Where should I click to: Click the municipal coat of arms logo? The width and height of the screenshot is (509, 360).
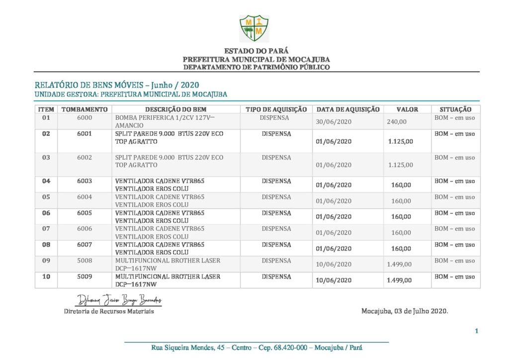(254, 28)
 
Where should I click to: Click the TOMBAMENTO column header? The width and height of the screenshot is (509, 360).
(84, 109)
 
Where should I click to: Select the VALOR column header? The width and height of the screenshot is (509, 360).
(407, 109)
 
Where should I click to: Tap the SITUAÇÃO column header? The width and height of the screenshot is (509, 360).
(455, 109)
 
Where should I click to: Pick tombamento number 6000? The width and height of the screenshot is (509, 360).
(85, 118)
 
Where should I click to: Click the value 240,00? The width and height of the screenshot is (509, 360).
(397, 122)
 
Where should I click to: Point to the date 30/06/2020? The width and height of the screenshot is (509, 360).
(334, 122)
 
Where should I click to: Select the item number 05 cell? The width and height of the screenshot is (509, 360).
(46, 197)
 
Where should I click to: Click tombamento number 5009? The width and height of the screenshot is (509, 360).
(85, 276)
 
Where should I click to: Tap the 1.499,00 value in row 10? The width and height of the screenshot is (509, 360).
(400, 280)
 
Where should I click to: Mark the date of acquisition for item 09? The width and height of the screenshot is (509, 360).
(334, 265)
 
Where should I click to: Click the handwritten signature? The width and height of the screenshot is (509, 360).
(119, 300)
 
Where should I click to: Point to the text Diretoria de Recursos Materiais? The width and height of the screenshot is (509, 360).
(109, 311)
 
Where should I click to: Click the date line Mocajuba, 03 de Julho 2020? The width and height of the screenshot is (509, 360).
(405, 311)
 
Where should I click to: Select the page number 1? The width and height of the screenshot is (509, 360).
(476, 331)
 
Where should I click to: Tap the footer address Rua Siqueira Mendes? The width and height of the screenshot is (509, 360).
(256, 348)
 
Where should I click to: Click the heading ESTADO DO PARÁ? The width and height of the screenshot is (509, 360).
(256, 51)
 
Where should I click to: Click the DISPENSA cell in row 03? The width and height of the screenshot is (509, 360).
(276, 158)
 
